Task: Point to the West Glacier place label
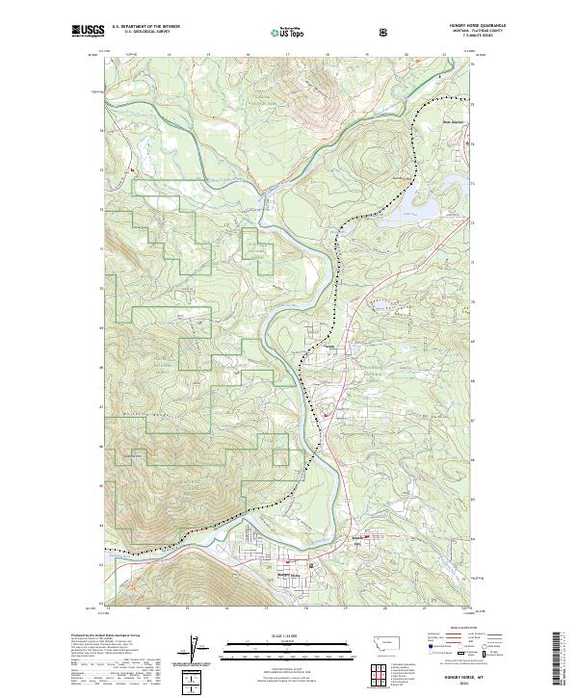452,122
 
